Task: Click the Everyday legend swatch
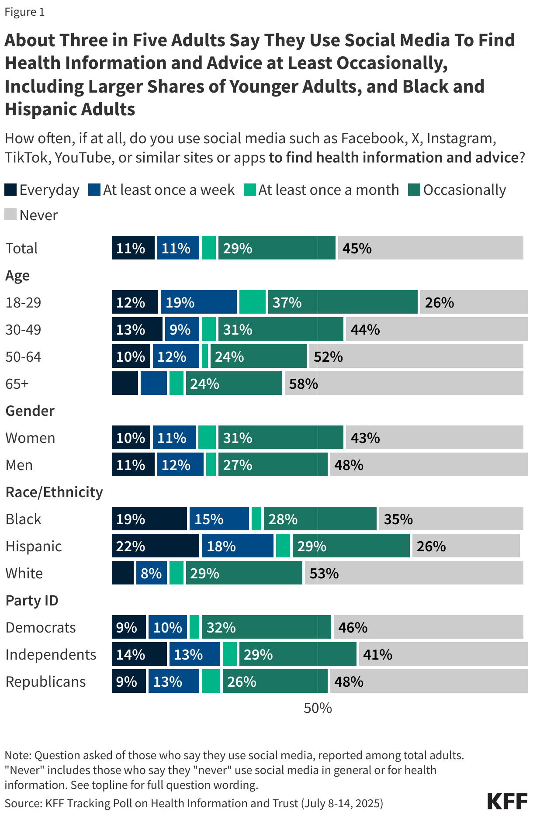[10, 190]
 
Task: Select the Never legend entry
[31, 215]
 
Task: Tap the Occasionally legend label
[464, 190]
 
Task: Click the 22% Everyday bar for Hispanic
[155, 546]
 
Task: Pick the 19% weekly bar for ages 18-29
[198, 302]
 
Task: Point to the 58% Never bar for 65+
[404, 384]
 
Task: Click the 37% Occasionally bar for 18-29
[343, 302]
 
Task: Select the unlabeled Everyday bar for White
[123, 573]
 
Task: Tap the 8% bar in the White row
[152, 573]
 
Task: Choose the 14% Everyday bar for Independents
[139, 654]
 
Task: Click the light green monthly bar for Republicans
[211, 681]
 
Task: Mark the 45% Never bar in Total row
[430, 248]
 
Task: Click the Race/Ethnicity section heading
[54, 492]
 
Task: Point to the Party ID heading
[32, 601]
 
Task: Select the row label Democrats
[41, 628]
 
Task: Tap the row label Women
[30, 438]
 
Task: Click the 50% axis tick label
[318, 708]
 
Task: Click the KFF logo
[507, 802]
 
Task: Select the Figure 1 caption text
[24, 12]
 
